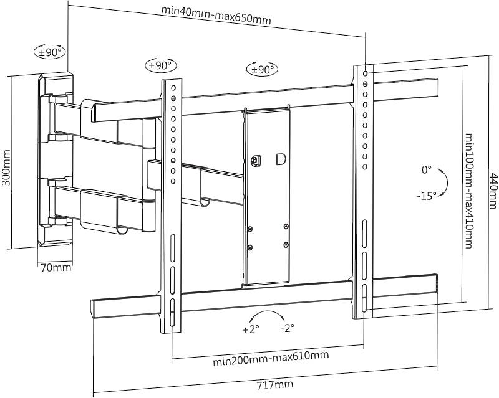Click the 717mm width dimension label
274,385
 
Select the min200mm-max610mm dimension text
271,358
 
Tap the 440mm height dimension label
493,191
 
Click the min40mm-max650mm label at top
216,15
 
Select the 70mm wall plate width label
56,268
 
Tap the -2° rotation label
288,328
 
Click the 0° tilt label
427,170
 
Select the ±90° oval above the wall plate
50,52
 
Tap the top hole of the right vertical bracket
366,73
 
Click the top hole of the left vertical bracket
173,88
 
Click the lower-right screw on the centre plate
286,245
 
